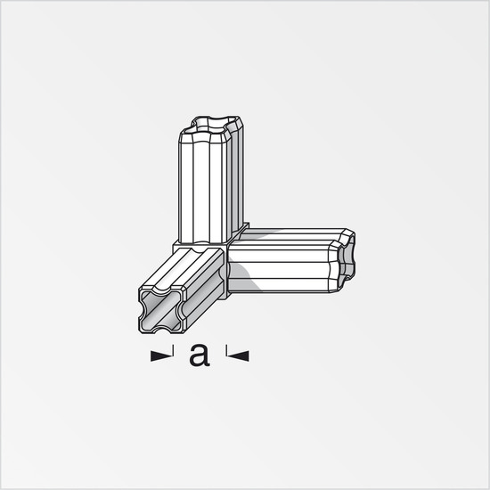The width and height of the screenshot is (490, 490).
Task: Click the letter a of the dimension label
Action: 200,355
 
